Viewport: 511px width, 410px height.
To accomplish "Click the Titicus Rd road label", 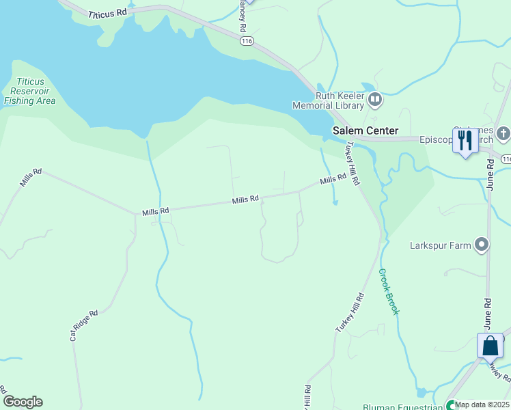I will click(108, 14).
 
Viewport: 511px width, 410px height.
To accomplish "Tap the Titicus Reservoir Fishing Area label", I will click(29, 92).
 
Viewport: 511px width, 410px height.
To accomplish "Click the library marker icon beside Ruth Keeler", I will click(374, 100).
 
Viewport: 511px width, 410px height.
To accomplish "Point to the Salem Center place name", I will click(365, 131).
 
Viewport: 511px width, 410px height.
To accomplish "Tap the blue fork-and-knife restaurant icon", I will click(465, 141).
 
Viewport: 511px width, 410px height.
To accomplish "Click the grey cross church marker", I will click(503, 133).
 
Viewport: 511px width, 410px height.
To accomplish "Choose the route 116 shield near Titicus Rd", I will click(247, 42).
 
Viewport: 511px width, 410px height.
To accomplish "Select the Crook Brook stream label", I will click(389, 291).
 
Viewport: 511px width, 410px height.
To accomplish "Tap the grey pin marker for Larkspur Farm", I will click(482, 244).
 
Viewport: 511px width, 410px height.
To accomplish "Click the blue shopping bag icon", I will click(490, 346).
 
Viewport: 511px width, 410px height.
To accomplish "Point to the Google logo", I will click(23, 402).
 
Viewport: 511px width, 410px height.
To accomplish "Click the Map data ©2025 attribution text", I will click(482, 405).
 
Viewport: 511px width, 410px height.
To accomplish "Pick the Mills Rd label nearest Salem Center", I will click(334, 179).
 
